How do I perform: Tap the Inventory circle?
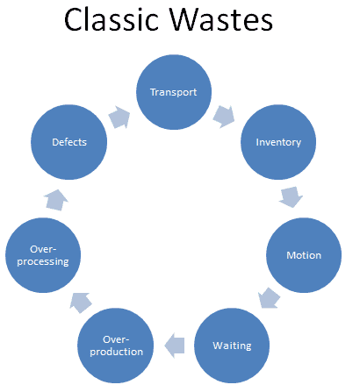[x=277, y=142]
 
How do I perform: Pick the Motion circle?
[x=304, y=255]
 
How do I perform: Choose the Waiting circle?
[x=232, y=345]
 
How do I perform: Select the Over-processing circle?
[x=42, y=255]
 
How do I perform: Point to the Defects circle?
[x=68, y=142]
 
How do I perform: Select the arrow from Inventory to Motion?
[x=290, y=196]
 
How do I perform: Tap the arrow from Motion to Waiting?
[x=271, y=299]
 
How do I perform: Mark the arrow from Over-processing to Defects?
[x=54, y=200]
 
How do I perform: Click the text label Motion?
[x=304, y=256]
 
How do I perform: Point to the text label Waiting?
[x=232, y=345]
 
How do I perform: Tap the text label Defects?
[x=68, y=142]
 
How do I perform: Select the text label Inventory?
[x=277, y=142]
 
